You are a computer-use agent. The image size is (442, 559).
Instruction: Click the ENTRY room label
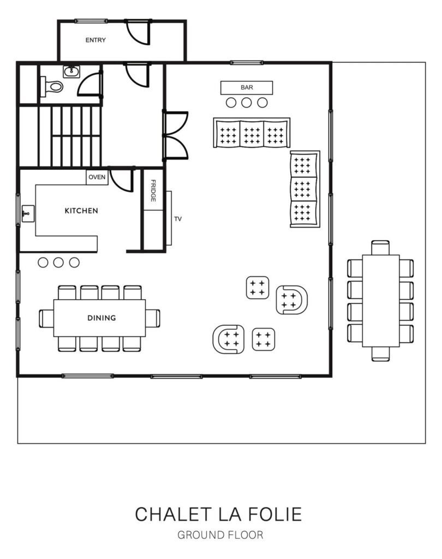[x=95, y=40]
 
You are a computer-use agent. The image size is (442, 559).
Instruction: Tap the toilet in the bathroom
[x=52, y=86]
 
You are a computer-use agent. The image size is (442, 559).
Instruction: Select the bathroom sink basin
[x=71, y=72]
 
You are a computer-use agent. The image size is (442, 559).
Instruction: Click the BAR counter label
[x=247, y=87]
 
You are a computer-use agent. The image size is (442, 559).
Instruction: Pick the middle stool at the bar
[x=247, y=103]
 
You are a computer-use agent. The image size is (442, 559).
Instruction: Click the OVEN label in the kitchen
[x=97, y=177]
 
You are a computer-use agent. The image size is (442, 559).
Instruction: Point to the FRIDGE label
[x=153, y=191]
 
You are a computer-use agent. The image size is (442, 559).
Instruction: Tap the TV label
[x=178, y=219]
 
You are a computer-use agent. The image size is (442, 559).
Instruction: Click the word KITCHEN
[x=81, y=211]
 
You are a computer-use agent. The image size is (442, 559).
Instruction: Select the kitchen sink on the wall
[x=28, y=213]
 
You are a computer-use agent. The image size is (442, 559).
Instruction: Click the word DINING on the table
[x=101, y=318]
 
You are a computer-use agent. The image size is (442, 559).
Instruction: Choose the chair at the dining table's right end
[x=153, y=318]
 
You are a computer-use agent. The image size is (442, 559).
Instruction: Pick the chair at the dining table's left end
[x=46, y=318]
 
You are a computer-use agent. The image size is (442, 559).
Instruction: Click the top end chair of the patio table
[x=380, y=248]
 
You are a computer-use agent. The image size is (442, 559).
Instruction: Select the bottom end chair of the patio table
[x=380, y=354]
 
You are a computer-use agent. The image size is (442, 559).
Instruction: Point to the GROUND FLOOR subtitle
[x=220, y=535]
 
